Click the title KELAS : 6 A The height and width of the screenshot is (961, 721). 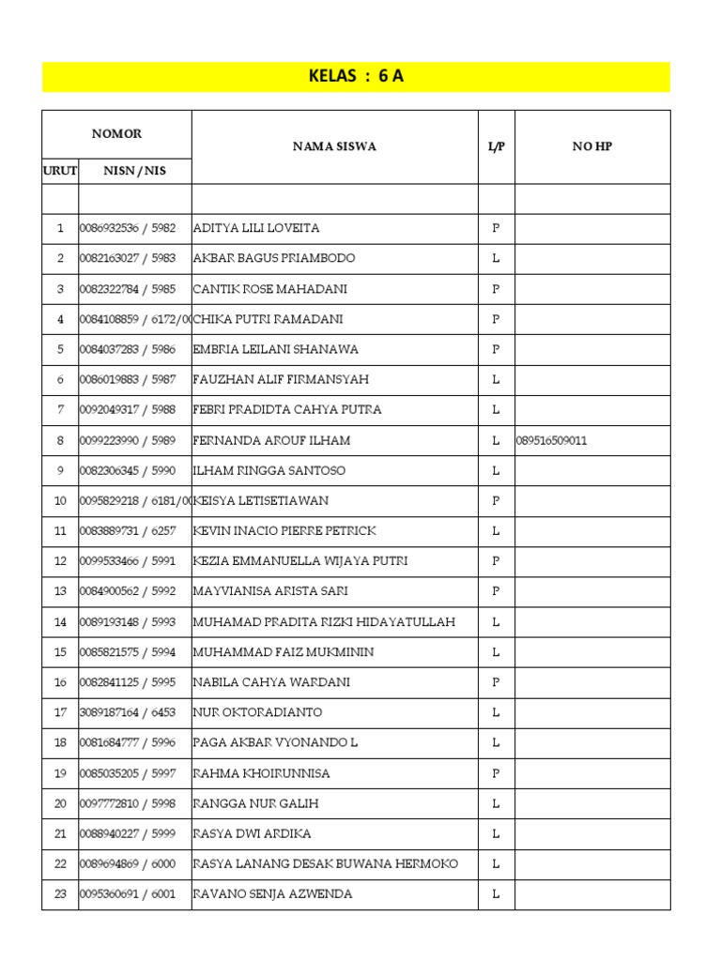[356, 77]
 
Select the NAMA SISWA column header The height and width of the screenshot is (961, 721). [334, 146]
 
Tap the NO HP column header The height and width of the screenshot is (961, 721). [591, 146]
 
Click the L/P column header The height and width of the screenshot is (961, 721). [496, 146]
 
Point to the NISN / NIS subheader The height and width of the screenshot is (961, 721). [134, 171]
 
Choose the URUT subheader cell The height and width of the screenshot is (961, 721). [60, 171]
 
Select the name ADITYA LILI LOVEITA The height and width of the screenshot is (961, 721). [256, 228]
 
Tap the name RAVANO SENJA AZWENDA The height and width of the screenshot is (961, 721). [272, 894]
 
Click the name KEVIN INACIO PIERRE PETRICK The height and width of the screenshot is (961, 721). [284, 531]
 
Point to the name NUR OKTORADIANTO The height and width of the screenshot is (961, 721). [257, 712]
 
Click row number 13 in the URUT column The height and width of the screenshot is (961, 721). [60, 591]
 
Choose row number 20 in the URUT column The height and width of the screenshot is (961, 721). [60, 803]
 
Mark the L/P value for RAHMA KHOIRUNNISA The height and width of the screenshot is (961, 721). [496, 773]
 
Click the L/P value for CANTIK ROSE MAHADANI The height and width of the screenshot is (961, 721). [496, 289]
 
